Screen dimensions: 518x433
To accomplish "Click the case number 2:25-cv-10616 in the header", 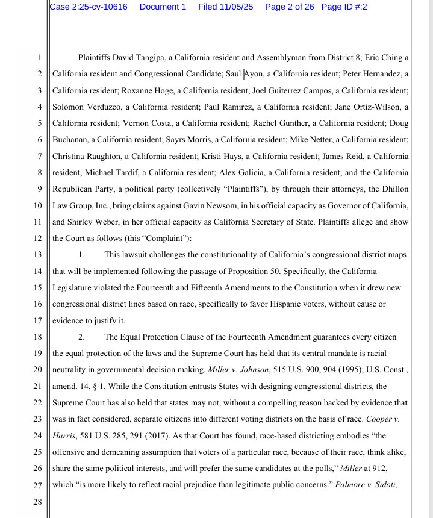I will (96, 7).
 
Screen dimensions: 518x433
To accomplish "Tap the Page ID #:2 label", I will (344, 7).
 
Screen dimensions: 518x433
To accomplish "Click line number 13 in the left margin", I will (38, 254).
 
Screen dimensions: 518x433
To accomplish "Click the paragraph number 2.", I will (81, 336).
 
